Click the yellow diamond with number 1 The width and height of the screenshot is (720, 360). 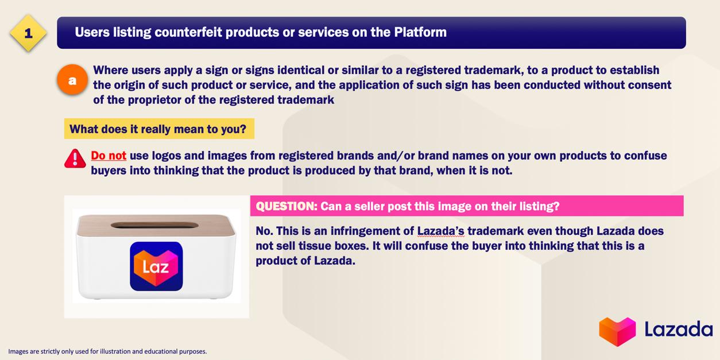click(x=28, y=33)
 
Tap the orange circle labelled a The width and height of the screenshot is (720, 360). click(x=72, y=80)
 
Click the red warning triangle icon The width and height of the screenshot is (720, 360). click(x=75, y=158)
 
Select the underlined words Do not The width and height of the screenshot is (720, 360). click(x=109, y=156)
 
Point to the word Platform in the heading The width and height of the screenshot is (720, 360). click(x=420, y=32)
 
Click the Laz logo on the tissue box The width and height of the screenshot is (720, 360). click(x=156, y=266)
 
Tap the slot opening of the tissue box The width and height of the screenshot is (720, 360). click(x=154, y=225)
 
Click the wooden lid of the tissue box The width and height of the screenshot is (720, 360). click(x=156, y=225)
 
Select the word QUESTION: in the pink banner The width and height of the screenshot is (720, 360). click(x=287, y=206)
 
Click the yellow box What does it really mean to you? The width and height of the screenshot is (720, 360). click(x=159, y=129)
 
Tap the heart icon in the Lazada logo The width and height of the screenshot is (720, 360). click(x=617, y=331)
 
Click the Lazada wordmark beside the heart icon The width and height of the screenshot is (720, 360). click(x=678, y=330)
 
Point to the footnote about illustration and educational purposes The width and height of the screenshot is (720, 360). click(x=107, y=351)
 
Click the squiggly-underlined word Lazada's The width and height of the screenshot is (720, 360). click(x=441, y=231)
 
